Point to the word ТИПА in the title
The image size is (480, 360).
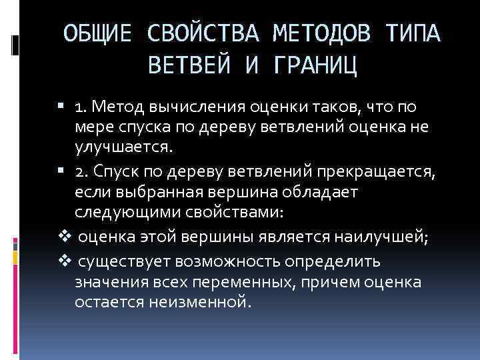[413, 33]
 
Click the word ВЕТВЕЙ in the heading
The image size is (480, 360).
[187, 66]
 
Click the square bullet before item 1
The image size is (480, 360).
[61, 105]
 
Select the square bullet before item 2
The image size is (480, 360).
[61, 170]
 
